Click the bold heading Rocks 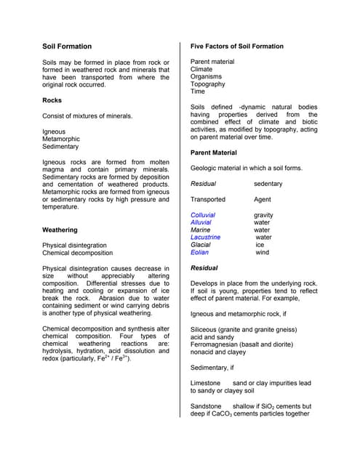point(52,100)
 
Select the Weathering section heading point(61,230)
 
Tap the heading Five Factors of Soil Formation point(237,46)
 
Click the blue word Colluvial point(203,215)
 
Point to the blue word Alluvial point(201,222)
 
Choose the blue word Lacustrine point(205,238)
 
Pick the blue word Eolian point(199,253)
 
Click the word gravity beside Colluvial point(263,215)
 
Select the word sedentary point(268,184)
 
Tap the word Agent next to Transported point(263,199)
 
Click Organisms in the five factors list point(207,76)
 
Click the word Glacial point(201,245)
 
